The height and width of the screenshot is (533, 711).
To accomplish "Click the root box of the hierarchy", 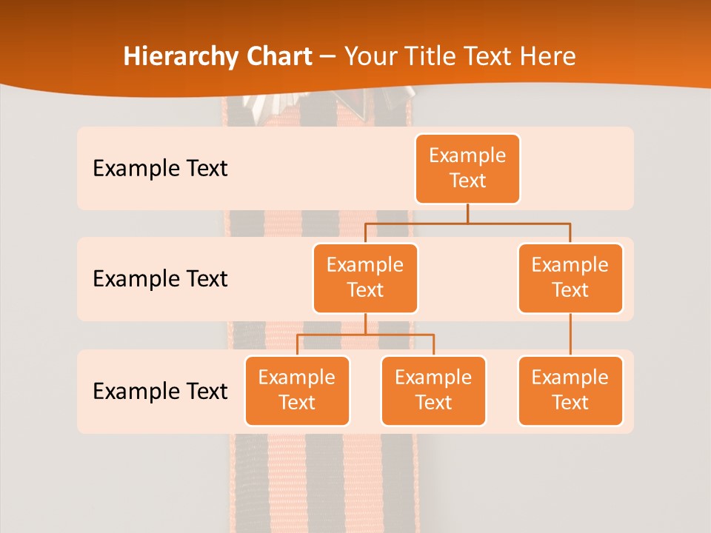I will [467, 168].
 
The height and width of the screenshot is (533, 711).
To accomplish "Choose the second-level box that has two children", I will [365, 278].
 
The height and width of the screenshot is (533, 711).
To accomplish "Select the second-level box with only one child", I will [570, 278].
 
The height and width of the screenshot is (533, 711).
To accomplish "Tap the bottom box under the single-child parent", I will [570, 390].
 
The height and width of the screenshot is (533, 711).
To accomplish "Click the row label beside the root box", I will [160, 168].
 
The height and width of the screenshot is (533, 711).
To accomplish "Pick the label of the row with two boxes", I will [160, 278].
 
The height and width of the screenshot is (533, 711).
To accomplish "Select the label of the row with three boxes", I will [160, 390].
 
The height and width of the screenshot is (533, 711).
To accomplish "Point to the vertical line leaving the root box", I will [467, 213].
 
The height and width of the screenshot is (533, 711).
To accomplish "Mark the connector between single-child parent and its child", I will [570, 335].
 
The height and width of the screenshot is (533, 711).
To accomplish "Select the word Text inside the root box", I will [467, 181].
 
